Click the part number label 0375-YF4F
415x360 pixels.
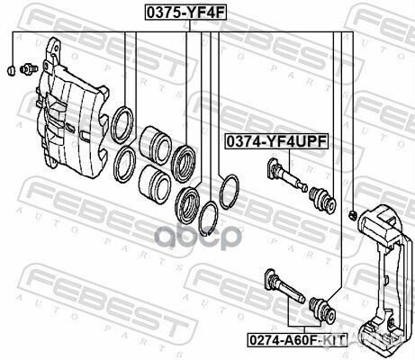point(185,13)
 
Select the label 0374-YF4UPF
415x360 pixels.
point(276,141)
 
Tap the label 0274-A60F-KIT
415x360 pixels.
point(297,339)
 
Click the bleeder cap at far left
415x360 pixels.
point(11,71)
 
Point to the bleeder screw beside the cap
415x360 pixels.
point(29,68)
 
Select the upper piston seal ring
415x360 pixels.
point(122,125)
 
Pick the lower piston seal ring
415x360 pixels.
point(124,165)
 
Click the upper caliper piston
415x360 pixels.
point(155,146)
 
